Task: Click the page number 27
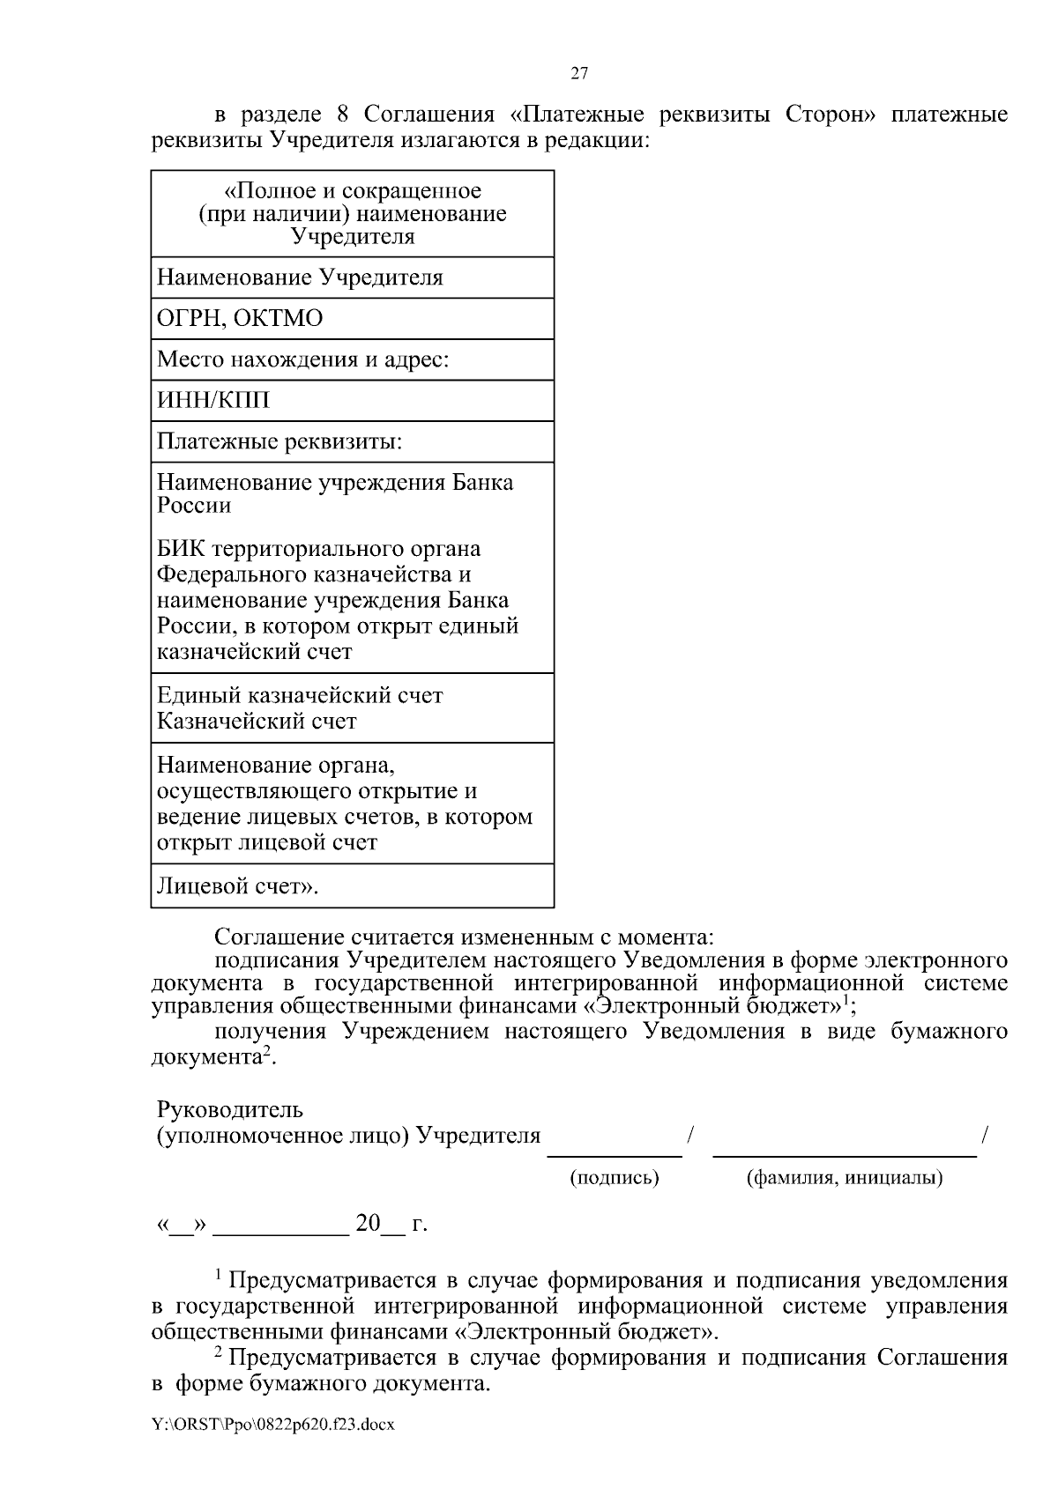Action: pos(579,73)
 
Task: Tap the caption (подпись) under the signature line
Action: pos(615,1177)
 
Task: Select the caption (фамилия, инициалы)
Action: pos(844,1177)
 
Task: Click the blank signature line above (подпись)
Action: pos(615,1153)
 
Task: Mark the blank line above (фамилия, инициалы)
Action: pos(844,1153)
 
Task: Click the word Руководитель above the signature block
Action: pos(230,1108)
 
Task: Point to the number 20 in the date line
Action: pos(368,1224)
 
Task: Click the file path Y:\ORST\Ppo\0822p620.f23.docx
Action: pos(273,1425)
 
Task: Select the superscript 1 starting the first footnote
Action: pos(220,1274)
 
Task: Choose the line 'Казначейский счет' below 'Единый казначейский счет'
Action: pos(257,721)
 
